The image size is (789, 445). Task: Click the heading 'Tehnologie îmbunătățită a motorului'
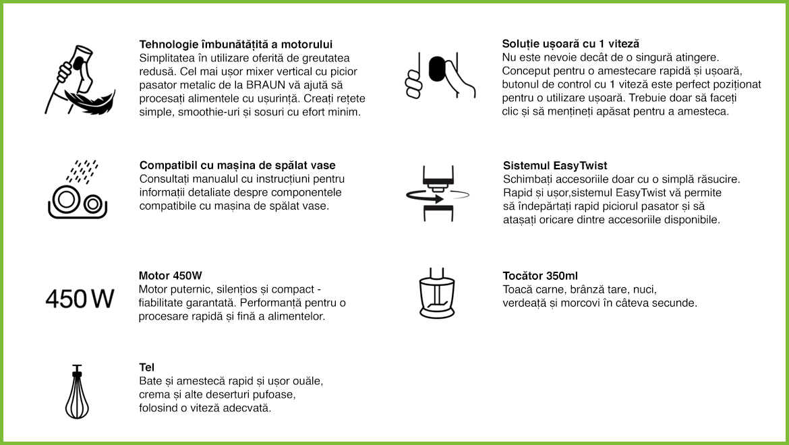(x=235, y=44)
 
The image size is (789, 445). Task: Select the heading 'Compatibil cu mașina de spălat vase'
(x=237, y=165)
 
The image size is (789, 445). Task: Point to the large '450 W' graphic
(x=80, y=299)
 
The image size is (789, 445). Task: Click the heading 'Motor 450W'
(x=171, y=276)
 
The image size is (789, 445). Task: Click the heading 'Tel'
(x=146, y=367)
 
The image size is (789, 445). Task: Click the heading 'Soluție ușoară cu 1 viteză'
(x=571, y=44)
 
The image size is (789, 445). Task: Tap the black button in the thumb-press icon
(x=438, y=69)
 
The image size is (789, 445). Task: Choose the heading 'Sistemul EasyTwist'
(x=555, y=165)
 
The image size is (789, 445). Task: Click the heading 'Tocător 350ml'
(x=540, y=276)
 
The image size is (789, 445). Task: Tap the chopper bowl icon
(x=436, y=294)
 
